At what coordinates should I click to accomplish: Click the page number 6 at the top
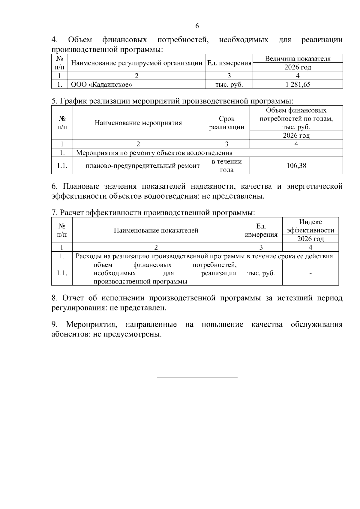click(197, 26)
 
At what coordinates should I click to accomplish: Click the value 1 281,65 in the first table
click(298, 85)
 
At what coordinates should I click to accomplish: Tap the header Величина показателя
click(298, 59)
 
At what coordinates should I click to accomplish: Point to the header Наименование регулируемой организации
click(136, 63)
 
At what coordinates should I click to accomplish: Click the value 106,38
click(296, 166)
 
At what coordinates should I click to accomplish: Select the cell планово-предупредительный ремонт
click(142, 166)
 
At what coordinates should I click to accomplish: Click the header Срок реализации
click(226, 123)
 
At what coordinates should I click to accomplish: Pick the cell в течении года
click(226, 166)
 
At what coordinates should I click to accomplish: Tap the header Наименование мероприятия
click(138, 123)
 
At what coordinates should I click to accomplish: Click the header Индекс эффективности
click(310, 226)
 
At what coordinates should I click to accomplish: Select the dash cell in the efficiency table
click(310, 273)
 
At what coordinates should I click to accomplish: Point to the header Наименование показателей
click(156, 230)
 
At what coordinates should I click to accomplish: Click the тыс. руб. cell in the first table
click(229, 85)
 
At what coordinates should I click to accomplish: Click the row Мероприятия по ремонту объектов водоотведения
click(154, 153)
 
